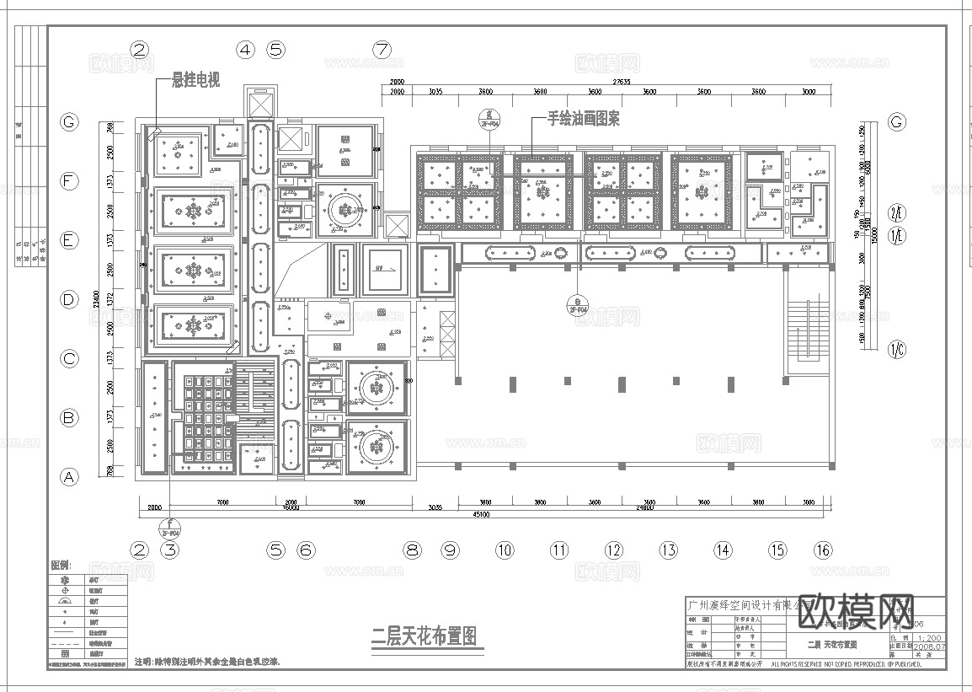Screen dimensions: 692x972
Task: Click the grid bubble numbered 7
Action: coord(382,49)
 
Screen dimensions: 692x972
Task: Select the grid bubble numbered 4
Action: coord(245,49)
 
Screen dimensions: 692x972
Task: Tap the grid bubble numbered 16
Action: coord(823,550)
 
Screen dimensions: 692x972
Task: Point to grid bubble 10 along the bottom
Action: coord(504,550)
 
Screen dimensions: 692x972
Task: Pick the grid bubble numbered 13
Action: coord(668,550)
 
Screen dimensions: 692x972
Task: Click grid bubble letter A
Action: coord(69,477)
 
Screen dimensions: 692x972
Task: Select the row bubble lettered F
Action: coord(69,181)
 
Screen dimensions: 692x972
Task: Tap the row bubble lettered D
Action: coord(69,299)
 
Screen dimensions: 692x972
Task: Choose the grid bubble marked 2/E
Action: coord(897,213)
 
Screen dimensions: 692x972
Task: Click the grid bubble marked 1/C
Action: coord(897,347)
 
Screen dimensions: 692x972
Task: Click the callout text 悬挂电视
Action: coord(195,81)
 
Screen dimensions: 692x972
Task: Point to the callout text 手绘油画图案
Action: coord(584,120)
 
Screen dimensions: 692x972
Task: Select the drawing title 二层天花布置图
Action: coord(425,636)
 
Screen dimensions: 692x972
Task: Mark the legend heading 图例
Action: coord(61,565)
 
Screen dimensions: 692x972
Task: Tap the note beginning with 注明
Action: coord(207,662)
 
